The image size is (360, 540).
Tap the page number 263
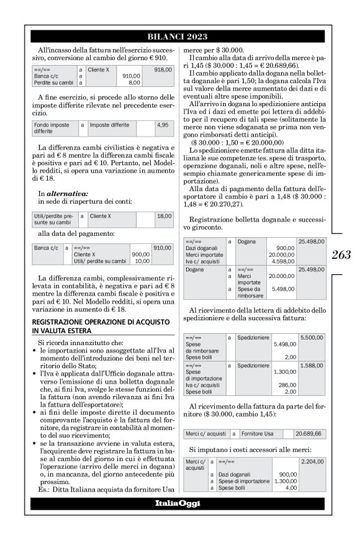tap(341, 254)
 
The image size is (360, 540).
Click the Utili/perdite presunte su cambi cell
tap(52, 219)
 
